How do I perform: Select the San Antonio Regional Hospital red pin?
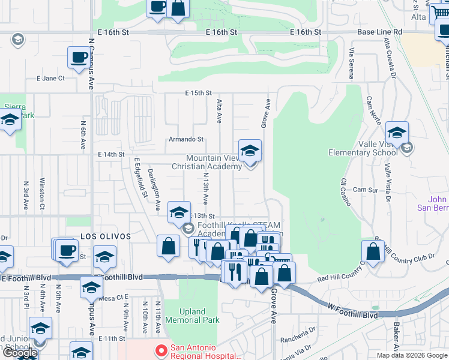[x=160, y=350]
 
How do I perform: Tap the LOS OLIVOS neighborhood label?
[x=106, y=237]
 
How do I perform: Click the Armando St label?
[x=186, y=139]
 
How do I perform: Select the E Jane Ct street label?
[x=50, y=78]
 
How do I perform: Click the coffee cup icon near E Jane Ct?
[x=79, y=58]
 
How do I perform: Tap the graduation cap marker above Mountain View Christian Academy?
[x=250, y=151]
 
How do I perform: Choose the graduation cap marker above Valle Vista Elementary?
[x=397, y=133]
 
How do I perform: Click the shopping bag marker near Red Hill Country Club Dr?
[x=373, y=252]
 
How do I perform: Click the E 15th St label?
[x=199, y=93]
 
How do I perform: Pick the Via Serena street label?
[x=351, y=64]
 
